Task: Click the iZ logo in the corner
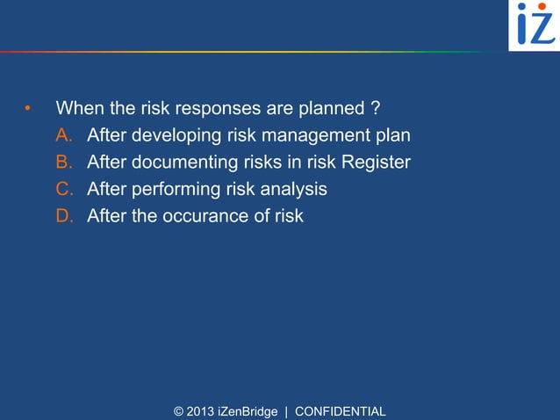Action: click(534, 25)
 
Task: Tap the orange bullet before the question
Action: click(27, 110)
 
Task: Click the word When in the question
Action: click(80, 109)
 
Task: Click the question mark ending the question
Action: click(375, 109)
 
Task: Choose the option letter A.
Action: click(64, 136)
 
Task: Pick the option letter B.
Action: click(64, 163)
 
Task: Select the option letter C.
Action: click(64, 189)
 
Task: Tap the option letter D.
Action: click(64, 215)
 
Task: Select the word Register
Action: click(376, 163)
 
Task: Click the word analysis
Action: click(293, 189)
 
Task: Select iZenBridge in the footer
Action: click(248, 411)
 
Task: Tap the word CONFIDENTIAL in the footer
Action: click(340, 411)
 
